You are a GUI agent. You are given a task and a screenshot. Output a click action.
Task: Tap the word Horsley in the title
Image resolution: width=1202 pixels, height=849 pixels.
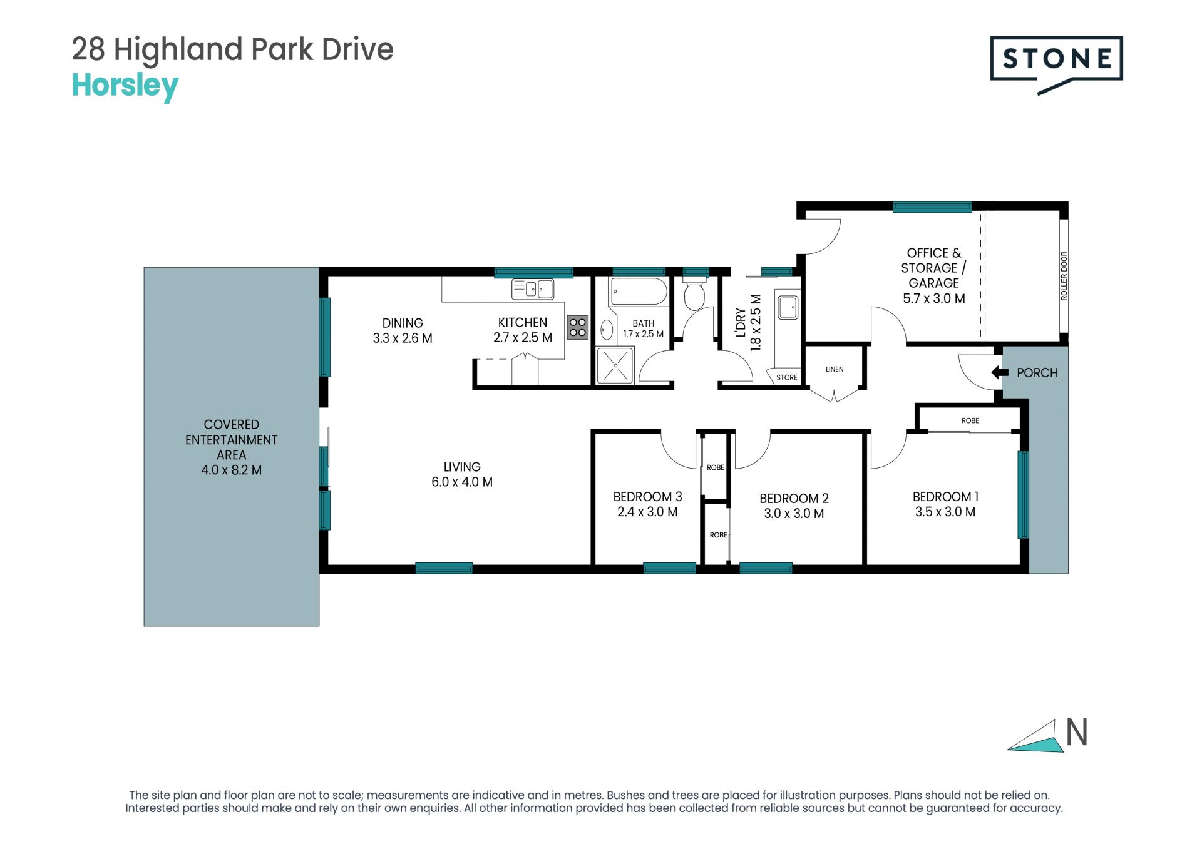(125, 86)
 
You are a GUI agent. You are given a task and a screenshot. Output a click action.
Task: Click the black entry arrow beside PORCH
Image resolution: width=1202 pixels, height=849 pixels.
(1000, 373)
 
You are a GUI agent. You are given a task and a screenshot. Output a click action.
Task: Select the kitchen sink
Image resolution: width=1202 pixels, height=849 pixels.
(533, 289)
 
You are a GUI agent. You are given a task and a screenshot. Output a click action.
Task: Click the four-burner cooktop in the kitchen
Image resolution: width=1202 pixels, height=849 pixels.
(578, 327)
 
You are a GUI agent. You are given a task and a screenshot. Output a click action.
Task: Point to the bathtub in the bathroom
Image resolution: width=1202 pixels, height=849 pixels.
(639, 291)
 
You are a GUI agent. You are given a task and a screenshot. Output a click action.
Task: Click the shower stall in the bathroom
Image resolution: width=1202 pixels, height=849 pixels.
(615, 365)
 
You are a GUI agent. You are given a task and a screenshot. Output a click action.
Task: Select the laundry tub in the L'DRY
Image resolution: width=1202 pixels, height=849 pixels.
(788, 307)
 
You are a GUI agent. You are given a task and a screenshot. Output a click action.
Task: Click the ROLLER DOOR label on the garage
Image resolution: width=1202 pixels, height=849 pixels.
(1064, 276)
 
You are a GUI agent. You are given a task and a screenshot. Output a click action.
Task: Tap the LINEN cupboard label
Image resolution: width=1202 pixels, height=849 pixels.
(835, 370)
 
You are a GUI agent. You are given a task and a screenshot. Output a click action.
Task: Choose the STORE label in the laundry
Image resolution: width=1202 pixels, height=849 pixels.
(787, 377)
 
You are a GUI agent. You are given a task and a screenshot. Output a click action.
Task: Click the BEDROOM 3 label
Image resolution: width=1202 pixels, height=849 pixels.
(647, 497)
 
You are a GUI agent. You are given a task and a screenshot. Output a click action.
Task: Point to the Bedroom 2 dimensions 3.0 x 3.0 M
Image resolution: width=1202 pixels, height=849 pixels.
(794, 514)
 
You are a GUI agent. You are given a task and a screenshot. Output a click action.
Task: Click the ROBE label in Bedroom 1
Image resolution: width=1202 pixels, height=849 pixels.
(970, 420)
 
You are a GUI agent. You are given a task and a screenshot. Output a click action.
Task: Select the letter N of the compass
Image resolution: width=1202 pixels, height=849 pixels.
(1077, 732)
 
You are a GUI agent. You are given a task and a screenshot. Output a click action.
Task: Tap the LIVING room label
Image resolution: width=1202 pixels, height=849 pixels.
(462, 467)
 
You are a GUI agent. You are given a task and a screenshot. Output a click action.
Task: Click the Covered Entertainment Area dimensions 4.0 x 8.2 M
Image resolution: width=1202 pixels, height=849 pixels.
(232, 470)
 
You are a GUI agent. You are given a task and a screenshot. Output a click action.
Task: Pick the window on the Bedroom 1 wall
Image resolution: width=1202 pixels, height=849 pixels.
(1023, 494)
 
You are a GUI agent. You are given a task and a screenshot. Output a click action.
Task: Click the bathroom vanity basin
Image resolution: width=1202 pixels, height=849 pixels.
(606, 330)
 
